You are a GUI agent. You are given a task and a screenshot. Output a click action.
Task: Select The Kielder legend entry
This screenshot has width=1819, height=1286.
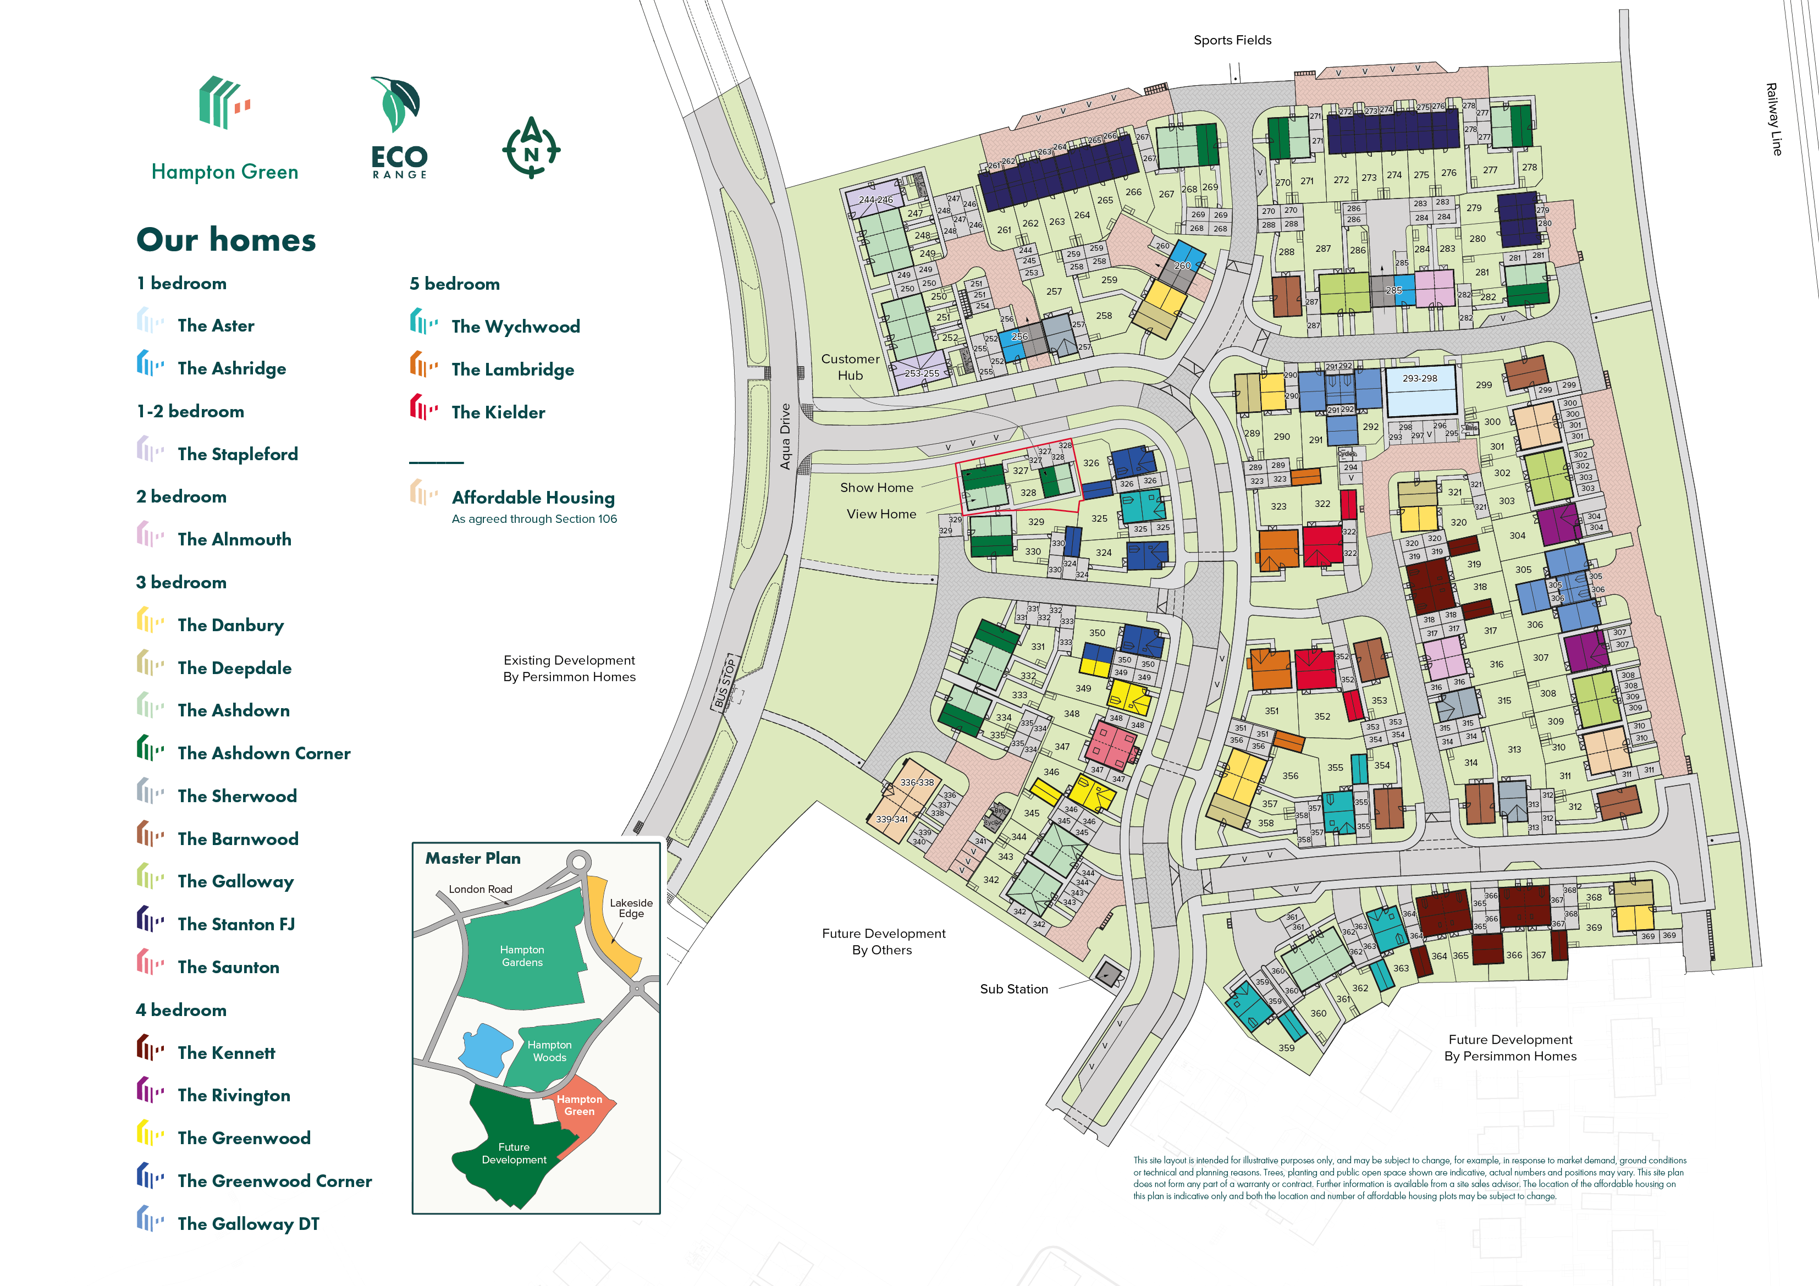click(x=498, y=412)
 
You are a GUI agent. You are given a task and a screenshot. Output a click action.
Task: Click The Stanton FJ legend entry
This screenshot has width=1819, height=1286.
click(x=235, y=924)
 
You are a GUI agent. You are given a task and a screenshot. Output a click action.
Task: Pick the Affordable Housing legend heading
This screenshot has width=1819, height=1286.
click(x=532, y=498)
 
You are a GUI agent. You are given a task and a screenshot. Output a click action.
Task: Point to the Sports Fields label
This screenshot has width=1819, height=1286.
click(x=1232, y=40)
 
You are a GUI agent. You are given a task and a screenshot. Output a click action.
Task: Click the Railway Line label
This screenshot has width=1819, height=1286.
click(x=1774, y=119)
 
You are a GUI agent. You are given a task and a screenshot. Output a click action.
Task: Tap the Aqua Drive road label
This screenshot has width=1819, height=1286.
click(x=785, y=436)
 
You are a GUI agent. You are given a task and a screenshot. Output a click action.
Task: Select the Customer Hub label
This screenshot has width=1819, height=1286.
click(x=850, y=367)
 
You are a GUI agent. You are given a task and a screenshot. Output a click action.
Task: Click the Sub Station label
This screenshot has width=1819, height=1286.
click(x=1013, y=989)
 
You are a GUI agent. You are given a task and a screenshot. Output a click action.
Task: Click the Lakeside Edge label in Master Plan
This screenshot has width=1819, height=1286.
click(x=631, y=908)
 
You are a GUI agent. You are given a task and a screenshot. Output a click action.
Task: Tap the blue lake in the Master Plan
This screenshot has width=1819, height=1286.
click(x=485, y=1048)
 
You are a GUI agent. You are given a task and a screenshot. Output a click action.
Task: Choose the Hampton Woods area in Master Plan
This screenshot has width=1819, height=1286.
click(x=549, y=1051)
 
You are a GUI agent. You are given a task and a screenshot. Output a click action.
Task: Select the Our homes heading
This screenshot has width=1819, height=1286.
click(x=226, y=239)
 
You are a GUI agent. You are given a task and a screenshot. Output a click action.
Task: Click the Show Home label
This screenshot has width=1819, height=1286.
click(x=876, y=487)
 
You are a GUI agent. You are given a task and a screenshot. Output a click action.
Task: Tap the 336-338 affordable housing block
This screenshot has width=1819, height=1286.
click(x=916, y=782)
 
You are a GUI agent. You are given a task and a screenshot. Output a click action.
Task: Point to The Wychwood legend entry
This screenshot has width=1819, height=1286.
click(x=515, y=327)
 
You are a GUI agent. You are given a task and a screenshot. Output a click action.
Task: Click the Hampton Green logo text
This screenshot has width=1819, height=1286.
click(x=225, y=172)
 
